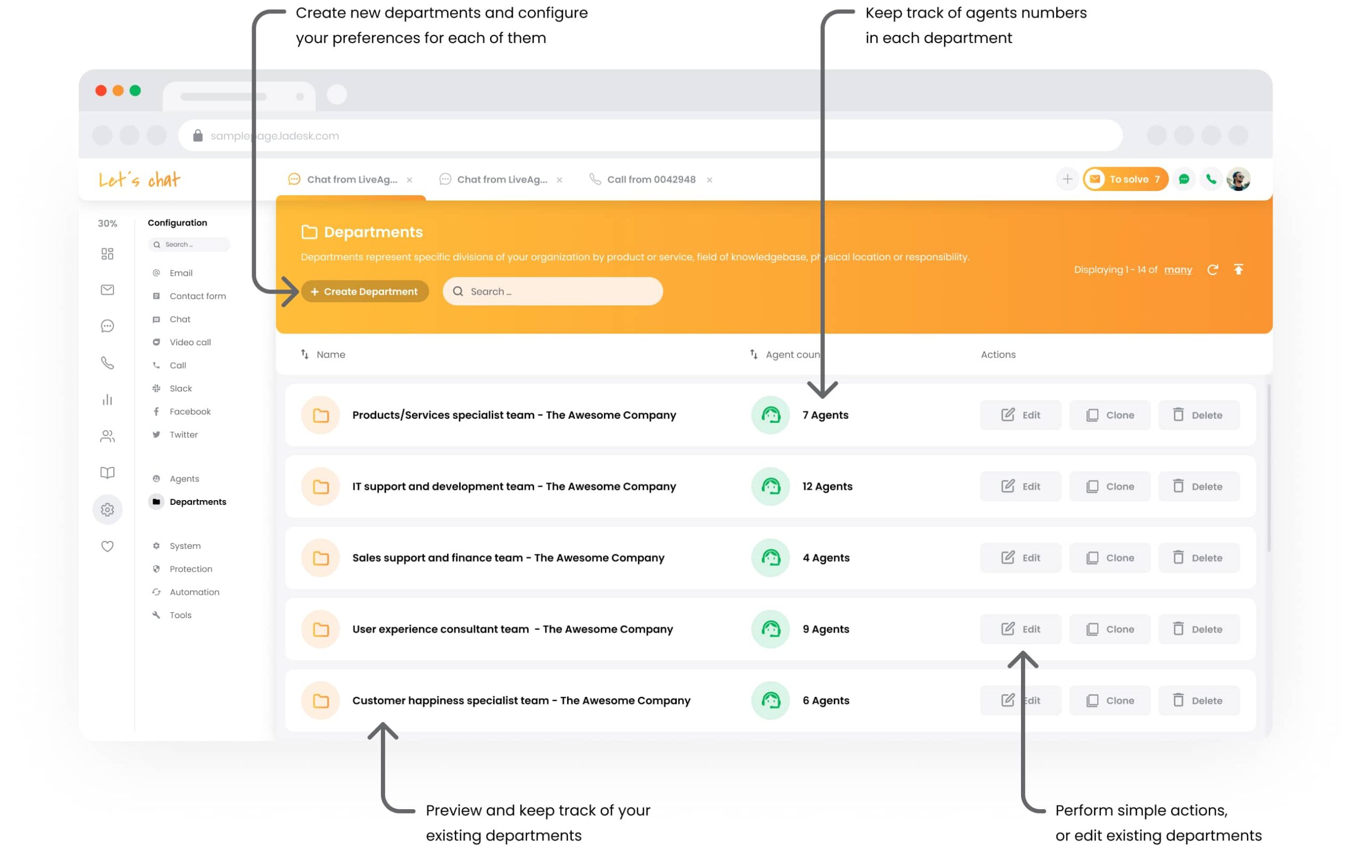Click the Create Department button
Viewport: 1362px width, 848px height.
(365, 292)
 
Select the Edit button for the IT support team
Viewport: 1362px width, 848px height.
(1020, 486)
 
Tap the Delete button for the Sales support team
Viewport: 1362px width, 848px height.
(1198, 558)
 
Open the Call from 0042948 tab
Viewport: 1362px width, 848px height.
(651, 179)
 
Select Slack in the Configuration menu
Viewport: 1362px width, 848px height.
(180, 388)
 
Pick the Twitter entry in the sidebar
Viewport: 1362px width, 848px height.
(184, 435)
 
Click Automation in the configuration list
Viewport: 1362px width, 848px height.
(194, 592)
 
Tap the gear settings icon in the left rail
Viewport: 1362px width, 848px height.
(107, 510)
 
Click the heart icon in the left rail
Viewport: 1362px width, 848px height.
(107, 546)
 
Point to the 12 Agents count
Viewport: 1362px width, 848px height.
(827, 486)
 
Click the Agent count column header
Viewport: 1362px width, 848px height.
(791, 354)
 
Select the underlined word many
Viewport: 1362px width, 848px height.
(1177, 270)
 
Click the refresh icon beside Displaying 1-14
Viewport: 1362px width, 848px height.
(1212, 270)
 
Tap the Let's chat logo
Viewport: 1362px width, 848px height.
(139, 179)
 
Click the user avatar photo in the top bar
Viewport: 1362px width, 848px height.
(1238, 179)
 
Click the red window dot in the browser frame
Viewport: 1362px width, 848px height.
(101, 91)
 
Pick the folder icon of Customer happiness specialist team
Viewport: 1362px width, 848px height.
(321, 701)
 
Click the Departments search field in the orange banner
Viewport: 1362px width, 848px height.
(552, 292)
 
